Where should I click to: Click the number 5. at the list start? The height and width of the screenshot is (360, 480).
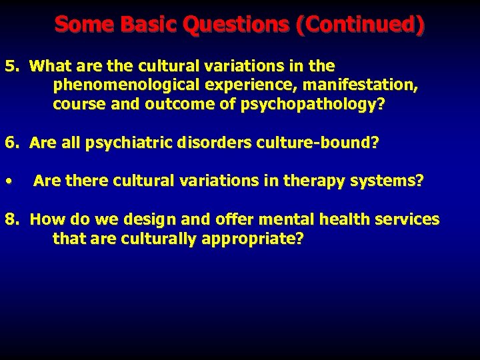[14, 67]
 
